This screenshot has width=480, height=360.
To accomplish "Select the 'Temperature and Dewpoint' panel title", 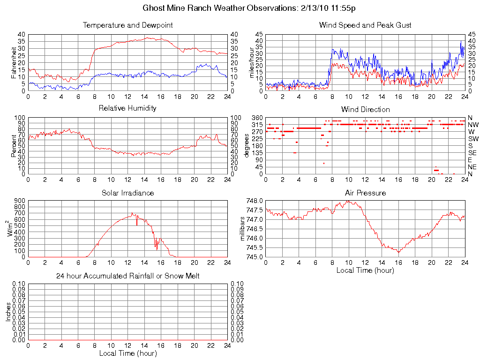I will tap(127, 25).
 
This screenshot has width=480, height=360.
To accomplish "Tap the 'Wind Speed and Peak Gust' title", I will tap(365, 25).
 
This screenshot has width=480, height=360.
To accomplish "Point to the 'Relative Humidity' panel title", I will tap(127, 108).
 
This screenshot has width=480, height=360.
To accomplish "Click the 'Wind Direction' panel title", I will tap(365, 109).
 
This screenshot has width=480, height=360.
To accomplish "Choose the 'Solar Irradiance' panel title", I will tap(127, 193).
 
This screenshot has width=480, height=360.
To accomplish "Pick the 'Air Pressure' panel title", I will tap(365, 193).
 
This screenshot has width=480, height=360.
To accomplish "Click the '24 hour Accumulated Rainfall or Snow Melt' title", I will tap(127, 276).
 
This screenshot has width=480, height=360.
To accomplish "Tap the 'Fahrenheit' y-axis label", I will tap(13, 63).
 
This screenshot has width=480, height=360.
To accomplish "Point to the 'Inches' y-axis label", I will tap(8, 312).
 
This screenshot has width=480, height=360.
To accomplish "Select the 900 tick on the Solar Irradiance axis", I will tap(19, 201).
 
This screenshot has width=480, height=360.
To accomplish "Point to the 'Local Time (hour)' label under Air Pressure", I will tap(365, 270).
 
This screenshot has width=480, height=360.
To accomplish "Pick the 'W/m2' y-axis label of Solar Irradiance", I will tap(10, 228).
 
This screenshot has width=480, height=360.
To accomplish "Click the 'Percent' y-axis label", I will tap(13, 146).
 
